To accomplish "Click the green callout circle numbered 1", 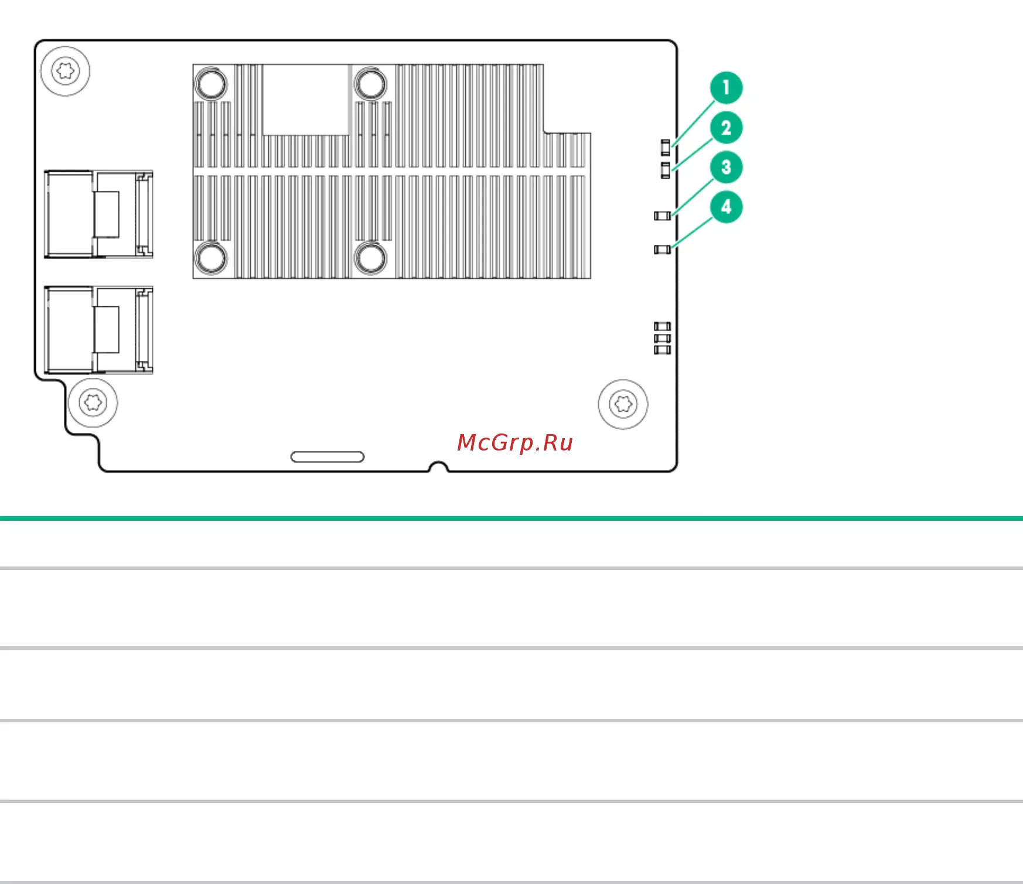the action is coord(726,88).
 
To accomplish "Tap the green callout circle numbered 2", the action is coord(726,128).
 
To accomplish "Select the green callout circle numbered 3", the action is coord(726,167).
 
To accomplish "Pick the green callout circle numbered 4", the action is coord(726,207).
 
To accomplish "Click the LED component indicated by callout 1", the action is coord(665,147).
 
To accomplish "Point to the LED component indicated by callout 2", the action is coord(665,170).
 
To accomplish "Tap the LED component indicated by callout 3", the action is coord(662,216).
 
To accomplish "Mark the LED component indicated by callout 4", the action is coord(662,250).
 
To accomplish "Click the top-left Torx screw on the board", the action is coord(65,71).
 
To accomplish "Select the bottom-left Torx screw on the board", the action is coord(93,402).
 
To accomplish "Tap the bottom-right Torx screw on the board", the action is coord(623,404).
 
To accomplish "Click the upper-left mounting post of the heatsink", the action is coord(211,83).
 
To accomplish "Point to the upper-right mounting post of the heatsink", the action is coord(370,83).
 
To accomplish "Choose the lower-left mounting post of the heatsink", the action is coord(211,257).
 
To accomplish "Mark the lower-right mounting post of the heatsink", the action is coord(370,257).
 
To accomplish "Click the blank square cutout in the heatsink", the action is coord(306,100).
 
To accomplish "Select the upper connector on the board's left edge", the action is coord(98,214).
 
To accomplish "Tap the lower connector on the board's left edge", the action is coord(98,330).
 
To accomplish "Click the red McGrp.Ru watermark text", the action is coord(515,443).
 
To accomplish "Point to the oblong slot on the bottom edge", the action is coord(328,457).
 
